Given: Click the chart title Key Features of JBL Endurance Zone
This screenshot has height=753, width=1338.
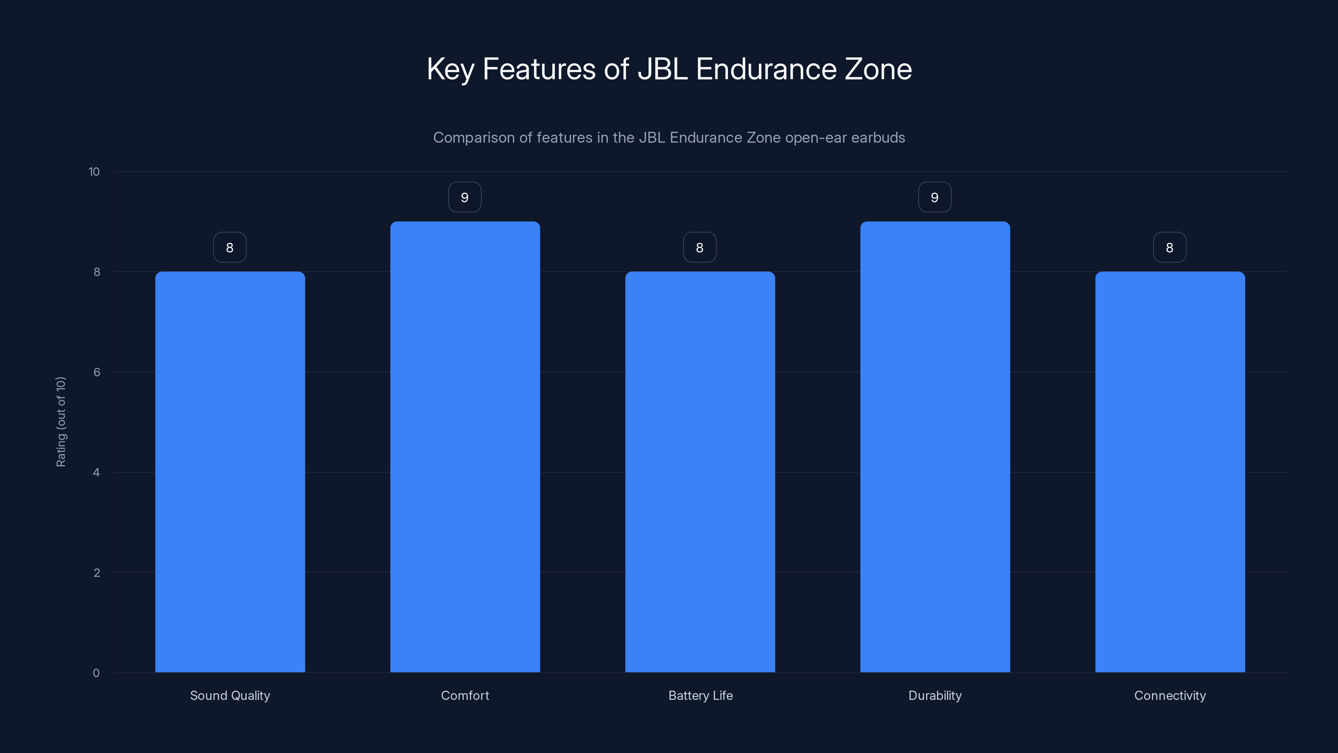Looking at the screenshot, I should click(669, 69).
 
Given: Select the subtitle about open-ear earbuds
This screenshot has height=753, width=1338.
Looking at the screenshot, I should click(669, 138).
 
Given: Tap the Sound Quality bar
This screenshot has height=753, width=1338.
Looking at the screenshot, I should click(230, 472).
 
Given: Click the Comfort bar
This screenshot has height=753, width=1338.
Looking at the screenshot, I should click(465, 447).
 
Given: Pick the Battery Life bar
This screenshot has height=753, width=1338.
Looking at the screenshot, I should click(700, 472).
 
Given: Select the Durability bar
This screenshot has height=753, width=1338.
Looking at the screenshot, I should click(935, 447).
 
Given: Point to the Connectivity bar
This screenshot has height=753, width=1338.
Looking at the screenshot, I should click(1170, 472).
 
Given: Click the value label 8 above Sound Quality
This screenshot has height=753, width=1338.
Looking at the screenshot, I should click(230, 247).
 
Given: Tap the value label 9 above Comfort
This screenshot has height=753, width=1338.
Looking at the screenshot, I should click(465, 197).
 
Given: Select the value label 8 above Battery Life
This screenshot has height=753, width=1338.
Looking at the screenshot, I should click(700, 247).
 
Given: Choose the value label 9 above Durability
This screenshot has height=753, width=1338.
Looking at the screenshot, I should click(935, 197).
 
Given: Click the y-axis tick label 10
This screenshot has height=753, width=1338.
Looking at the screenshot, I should click(94, 172).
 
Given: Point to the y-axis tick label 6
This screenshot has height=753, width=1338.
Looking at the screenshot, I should click(97, 372).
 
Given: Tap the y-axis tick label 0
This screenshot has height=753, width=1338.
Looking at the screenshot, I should click(96, 673).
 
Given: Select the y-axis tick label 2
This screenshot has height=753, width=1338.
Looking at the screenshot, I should click(97, 573).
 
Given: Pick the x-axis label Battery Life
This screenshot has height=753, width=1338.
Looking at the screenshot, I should click(700, 695).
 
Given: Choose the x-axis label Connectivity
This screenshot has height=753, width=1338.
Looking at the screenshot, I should click(1170, 695).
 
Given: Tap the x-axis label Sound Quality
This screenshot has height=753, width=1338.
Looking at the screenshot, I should click(230, 695).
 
